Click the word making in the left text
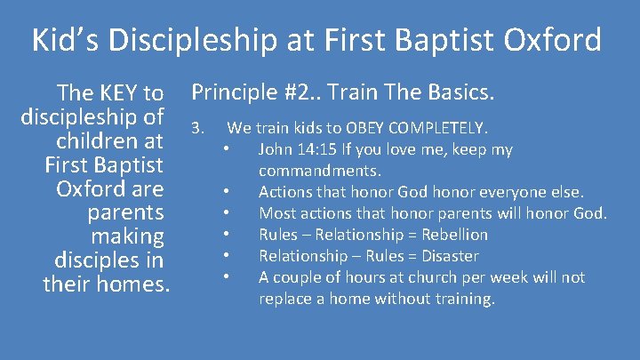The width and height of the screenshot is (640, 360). [x=127, y=236]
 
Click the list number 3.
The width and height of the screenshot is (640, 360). [x=198, y=129]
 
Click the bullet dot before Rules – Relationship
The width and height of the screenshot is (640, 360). [x=228, y=235]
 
